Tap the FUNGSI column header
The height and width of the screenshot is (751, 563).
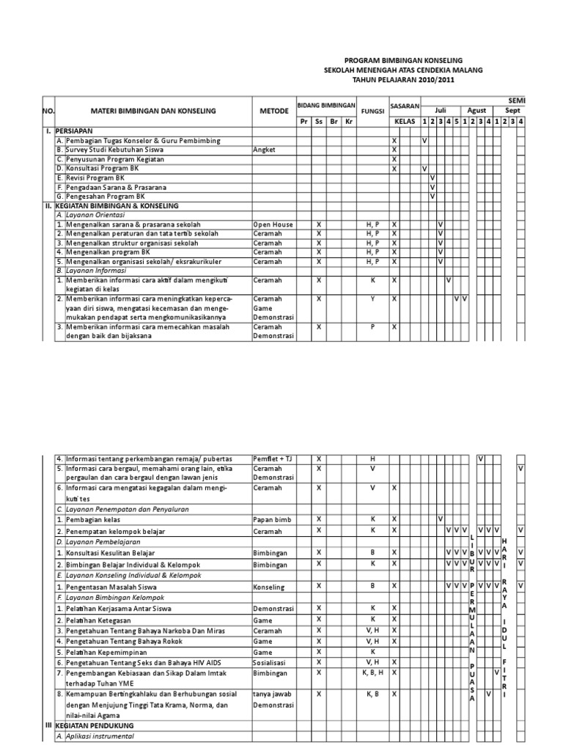click(x=372, y=111)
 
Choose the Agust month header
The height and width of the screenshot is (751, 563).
click(x=477, y=109)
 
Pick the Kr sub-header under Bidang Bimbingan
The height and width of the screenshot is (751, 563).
click(x=349, y=121)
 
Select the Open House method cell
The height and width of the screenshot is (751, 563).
click(x=273, y=224)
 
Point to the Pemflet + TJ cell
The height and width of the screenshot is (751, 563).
click(x=273, y=459)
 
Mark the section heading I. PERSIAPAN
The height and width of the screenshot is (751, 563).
click(x=66, y=131)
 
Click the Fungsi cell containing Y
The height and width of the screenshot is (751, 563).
click(x=372, y=299)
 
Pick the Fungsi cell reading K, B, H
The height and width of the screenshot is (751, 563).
click(x=372, y=673)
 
